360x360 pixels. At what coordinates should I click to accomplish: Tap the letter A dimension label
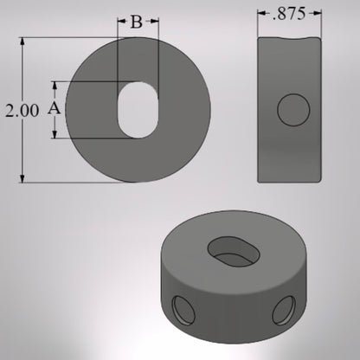53,109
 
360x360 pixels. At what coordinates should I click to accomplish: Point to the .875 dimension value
291,15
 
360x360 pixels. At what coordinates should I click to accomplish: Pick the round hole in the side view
293,110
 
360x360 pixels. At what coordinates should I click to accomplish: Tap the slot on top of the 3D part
234,249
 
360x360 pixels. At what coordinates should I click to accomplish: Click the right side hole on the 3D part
285,309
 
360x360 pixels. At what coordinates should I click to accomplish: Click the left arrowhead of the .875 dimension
261,14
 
